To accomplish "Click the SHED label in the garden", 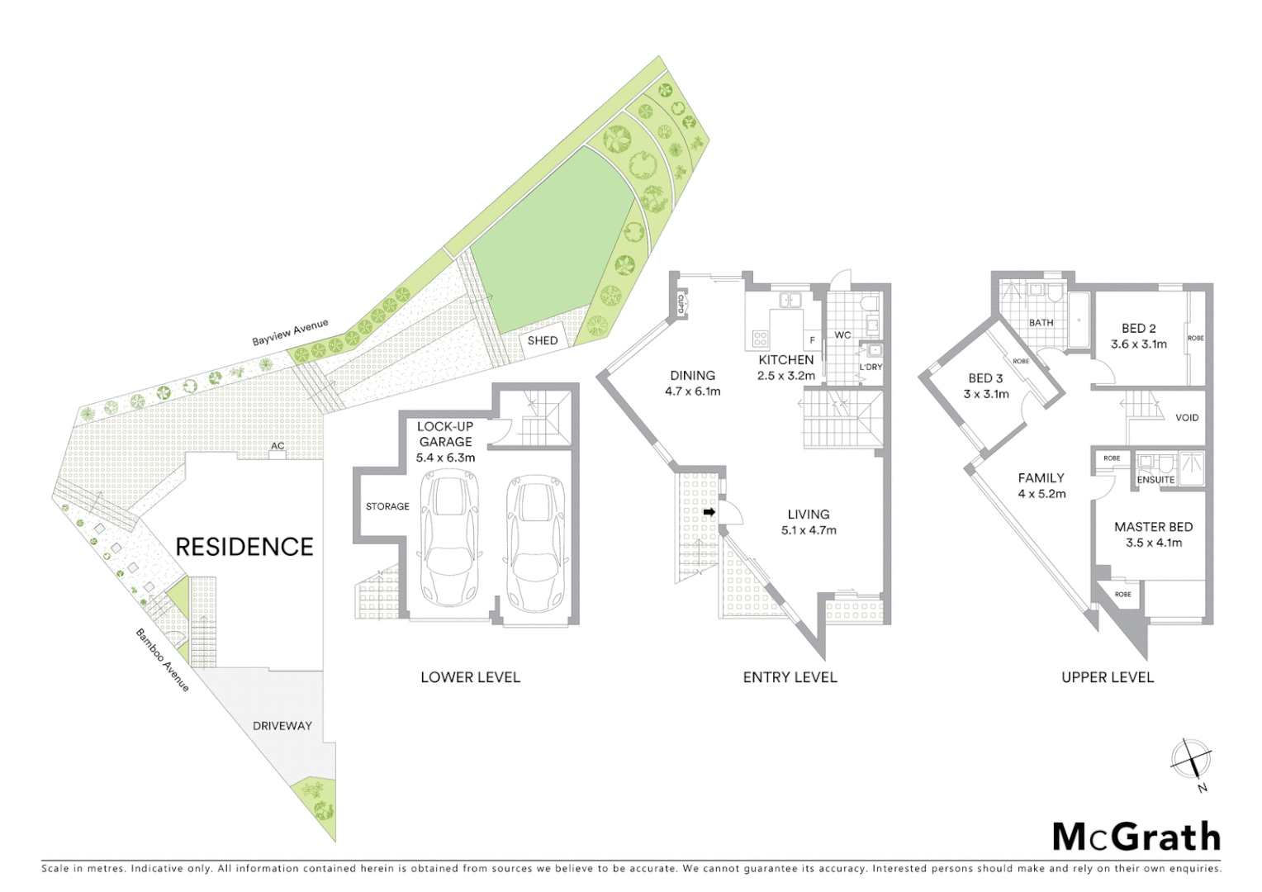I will [543, 340].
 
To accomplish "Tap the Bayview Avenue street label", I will [290, 333].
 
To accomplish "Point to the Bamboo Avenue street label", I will [163, 660].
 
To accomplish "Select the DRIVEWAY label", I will [282, 726].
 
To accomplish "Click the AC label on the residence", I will [278, 446].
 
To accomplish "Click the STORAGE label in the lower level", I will [387, 506].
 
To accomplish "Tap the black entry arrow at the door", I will [709, 513].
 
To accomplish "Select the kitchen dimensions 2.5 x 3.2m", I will [785, 376].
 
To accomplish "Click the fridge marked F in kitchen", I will [812, 340].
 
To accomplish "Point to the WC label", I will [842, 335].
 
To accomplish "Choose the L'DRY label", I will [871, 367].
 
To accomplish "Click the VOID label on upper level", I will [1187, 418].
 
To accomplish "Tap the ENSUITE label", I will [1155, 480].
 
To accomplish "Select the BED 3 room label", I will [985, 378].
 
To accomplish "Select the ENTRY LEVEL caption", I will [790, 677].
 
